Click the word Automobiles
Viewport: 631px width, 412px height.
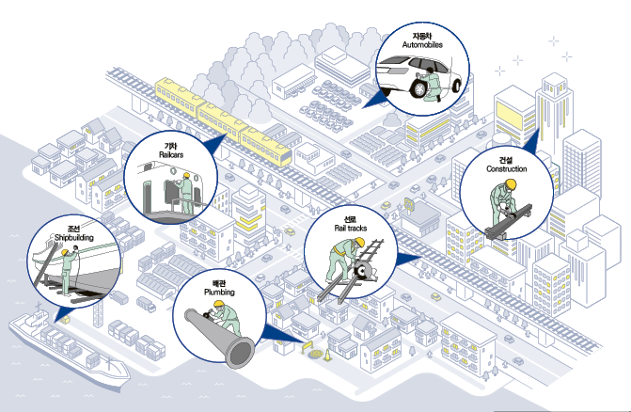pos(416,44)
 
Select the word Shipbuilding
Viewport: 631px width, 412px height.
pos(74,238)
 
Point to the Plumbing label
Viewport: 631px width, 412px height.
pos(219,292)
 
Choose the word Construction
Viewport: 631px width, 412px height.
pos(506,169)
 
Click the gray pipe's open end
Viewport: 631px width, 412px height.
pos(238,353)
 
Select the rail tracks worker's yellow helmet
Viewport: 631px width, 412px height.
pos(357,242)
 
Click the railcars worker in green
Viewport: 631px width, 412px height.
pos(188,192)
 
